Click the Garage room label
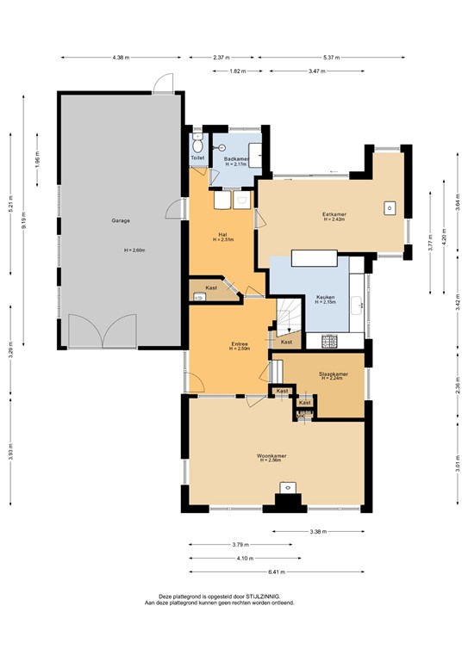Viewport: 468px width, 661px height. (120, 221)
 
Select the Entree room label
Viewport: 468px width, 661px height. (239, 345)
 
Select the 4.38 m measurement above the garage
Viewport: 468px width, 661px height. (120, 59)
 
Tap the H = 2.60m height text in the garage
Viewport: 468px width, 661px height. (134, 250)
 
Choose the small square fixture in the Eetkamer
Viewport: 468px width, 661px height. (390, 207)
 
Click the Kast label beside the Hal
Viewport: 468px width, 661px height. (210, 287)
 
